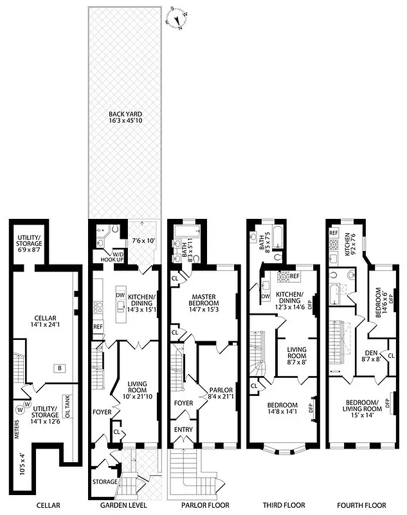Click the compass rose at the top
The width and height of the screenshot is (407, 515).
point(177,18)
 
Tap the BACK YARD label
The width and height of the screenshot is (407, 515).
point(125,117)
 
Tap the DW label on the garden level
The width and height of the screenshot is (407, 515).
point(120,295)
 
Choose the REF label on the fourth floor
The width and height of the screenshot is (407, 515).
point(334,232)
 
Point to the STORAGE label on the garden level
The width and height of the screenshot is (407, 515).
point(105,482)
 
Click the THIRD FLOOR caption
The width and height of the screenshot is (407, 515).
point(284,505)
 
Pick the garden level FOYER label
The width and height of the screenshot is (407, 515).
point(102,411)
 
